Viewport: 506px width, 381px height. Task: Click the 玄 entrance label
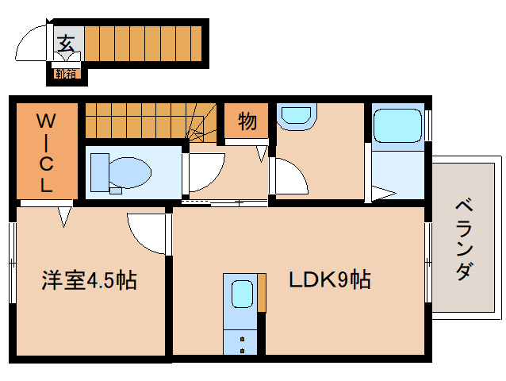[x=67, y=43]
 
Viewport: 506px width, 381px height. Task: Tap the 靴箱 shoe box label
[x=66, y=75]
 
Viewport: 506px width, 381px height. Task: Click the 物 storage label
[x=247, y=121]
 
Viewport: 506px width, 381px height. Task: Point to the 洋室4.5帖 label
[x=89, y=280]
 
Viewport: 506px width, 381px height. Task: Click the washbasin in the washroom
[x=297, y=116]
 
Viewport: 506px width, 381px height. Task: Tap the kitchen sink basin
[x=240, y=294]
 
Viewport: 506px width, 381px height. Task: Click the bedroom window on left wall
[x=13, y=262]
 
